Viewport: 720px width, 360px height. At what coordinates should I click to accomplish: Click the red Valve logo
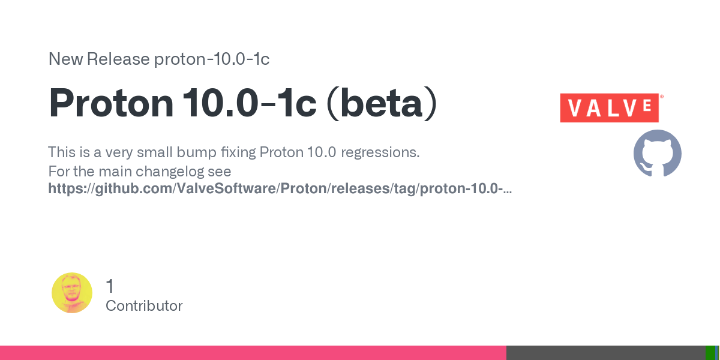610,107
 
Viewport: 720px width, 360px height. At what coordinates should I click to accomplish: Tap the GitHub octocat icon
658,154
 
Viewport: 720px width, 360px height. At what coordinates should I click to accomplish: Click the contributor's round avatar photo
72,293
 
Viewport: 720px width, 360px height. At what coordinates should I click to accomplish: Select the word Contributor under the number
144,305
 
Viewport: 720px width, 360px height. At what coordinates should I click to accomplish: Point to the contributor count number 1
110,286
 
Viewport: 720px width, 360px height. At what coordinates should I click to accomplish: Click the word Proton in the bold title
111,103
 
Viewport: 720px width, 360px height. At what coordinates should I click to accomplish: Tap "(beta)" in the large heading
382,103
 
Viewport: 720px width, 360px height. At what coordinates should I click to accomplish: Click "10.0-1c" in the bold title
250,103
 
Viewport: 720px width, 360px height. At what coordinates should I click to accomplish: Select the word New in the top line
65,59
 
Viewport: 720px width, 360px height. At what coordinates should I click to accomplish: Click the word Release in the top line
118,59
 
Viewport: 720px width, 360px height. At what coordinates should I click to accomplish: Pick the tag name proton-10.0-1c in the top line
211,59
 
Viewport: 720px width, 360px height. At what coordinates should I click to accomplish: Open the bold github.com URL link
280,188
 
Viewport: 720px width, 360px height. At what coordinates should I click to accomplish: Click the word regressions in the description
380,152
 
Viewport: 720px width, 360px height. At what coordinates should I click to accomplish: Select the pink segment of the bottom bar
253,353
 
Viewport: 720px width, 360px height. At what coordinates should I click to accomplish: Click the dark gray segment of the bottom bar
606,353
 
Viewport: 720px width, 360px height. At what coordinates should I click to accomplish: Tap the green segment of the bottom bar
710,353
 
